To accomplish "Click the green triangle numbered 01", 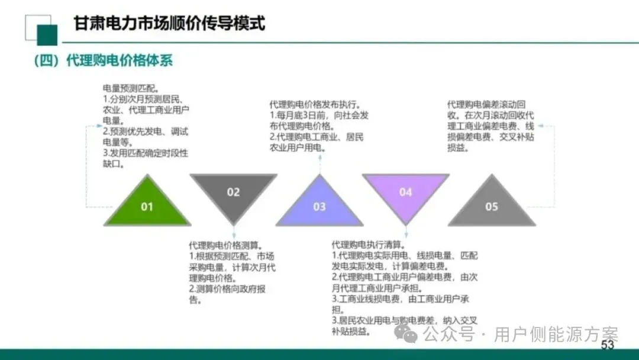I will (147, 204).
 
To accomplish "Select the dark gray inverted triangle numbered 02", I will (233, 193).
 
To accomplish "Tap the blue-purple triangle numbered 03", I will (319, 205).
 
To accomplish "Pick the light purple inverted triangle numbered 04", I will (405, 193).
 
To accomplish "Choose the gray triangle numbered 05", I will (492, 205).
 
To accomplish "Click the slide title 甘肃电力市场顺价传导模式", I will (169, 23).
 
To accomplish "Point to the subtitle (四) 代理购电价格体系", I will (103, 60).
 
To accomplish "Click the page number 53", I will (607, 345).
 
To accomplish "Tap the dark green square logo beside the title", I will (47, 35).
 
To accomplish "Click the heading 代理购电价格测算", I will (226, 245).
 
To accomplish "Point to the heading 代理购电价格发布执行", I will (315, 104).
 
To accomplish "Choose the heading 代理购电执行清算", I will (368, 245).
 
